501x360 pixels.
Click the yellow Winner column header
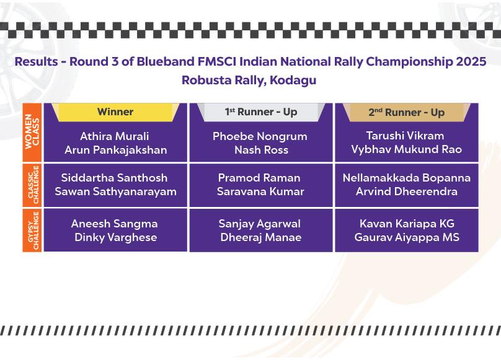(115, 112)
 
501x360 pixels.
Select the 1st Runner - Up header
(261, 112)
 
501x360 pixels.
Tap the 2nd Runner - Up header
(406, 112)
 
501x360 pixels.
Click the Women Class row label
(32, 131)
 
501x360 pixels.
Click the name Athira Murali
(114, 136)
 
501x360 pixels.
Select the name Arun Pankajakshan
(116, 150)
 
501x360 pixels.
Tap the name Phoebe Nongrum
(260, 137)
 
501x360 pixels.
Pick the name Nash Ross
(262, 150)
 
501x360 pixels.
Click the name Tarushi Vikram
(405, 136)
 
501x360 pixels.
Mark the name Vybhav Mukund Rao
(406, 149)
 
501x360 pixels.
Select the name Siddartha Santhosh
(114, 178)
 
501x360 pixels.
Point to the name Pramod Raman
(259, 178)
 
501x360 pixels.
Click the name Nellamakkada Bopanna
(406, 178)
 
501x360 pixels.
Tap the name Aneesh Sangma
(114, 224)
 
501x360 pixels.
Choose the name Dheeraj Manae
(260, 238)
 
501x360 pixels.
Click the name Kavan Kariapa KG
(407, 224)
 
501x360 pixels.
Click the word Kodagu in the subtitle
(293, 80)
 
